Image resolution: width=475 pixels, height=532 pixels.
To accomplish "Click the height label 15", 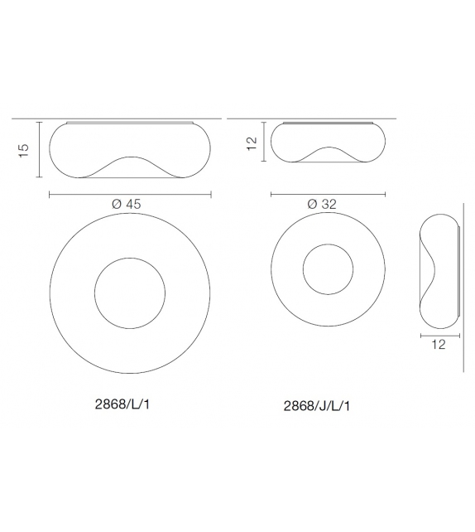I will click(x=24, y=150).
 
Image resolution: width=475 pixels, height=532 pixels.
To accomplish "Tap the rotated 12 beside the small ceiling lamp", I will click(x=252, y=143).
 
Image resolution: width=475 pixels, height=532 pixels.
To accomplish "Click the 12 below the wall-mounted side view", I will click(x=439, y=345).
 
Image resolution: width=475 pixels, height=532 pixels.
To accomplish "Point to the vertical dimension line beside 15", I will click(x=41, y=150).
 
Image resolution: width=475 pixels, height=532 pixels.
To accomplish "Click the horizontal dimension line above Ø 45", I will click(x=130, y=195).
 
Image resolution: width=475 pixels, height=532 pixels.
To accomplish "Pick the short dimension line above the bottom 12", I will click(x=439, y=335).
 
